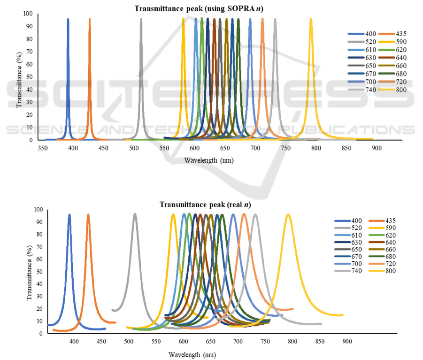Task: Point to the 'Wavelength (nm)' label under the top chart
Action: [x=208, y=160]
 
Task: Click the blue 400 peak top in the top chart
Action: [x=68, y=19]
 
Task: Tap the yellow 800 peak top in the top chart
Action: [x=311, y=19]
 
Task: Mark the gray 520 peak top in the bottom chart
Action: [x=135, y=214]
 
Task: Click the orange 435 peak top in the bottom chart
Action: [x=88, y=215]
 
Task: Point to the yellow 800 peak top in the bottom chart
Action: [x=288, y=215]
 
